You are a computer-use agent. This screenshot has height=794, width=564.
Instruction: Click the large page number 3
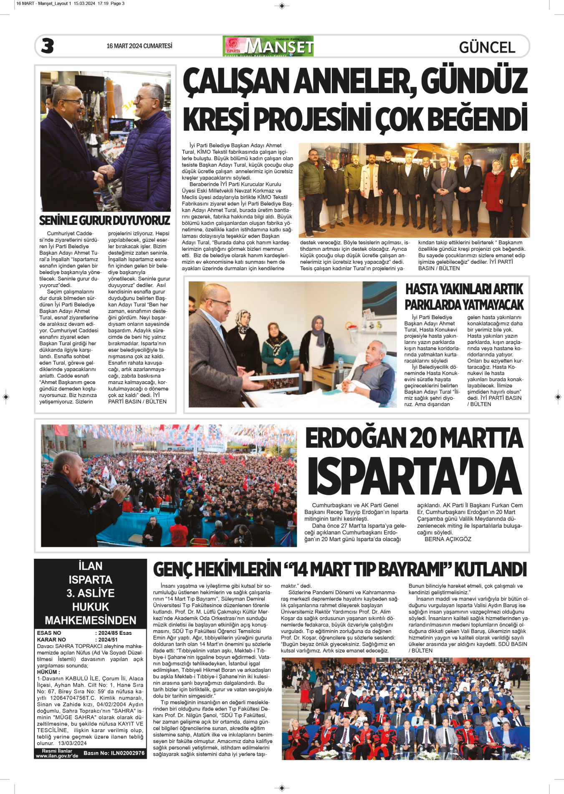tap(48, 46)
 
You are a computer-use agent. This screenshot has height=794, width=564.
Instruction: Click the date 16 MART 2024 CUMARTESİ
tap(139, 46)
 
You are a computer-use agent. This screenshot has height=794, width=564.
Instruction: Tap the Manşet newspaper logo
tap(268, 46)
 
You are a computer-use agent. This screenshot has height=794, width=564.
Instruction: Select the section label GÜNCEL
tap(487, 47)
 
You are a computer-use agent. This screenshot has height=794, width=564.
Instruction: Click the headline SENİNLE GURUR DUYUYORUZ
tap(105, 220)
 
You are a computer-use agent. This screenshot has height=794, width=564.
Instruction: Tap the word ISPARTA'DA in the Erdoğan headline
tap(415, 477)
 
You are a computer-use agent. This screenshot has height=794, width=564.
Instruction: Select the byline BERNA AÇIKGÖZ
tap(448, 539)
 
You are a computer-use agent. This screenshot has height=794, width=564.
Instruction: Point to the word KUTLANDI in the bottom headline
tap(490, 569)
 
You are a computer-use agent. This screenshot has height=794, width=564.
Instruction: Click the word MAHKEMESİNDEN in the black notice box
tap(91, 620)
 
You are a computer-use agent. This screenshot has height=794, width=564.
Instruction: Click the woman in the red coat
tap(493, 192)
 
